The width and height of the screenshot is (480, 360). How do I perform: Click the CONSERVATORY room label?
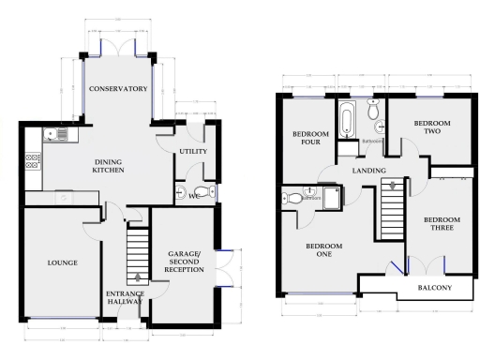click(120, 89)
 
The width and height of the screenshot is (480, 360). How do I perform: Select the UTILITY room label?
click(194, 151)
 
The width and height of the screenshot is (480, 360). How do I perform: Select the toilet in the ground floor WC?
click(210, 192)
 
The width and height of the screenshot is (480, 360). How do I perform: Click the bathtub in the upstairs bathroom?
click(347, 121)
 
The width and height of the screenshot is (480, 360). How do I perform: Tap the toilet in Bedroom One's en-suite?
click(292, 198)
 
